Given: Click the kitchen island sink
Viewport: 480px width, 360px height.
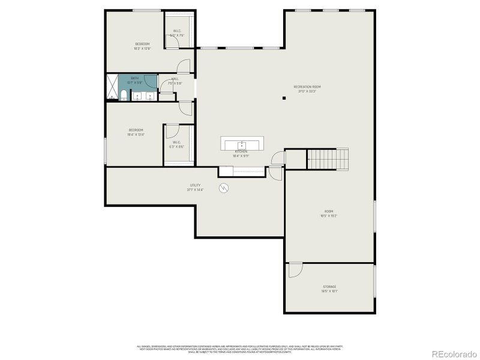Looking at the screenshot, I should click(x=242, y=144).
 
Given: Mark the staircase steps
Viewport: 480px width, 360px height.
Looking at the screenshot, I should click(x=328, y=158).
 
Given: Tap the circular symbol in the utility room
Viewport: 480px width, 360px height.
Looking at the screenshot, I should click(x=224, y=187).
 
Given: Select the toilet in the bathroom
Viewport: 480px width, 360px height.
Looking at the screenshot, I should click(x=123, y=95).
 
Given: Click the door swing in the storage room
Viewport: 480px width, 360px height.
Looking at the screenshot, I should click(x=295, y=270).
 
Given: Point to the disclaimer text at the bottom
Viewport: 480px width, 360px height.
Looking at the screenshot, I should click(x=240, y=348).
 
